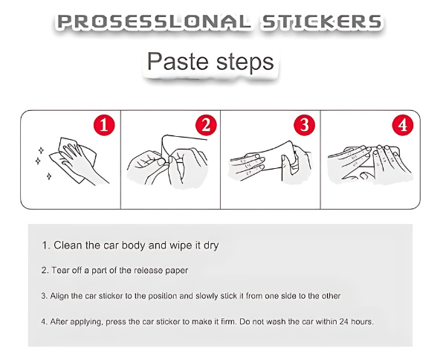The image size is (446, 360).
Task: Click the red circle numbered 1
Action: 104,125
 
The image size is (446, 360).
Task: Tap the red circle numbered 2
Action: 206,125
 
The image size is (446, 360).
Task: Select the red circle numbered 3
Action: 304,125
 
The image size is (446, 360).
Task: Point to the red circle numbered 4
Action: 403,125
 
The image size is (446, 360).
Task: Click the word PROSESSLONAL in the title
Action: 154,22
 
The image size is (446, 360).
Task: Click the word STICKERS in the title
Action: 322,22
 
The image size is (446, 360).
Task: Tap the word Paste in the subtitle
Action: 178,62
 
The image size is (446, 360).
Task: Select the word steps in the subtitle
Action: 245,62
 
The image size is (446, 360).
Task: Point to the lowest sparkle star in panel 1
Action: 49,176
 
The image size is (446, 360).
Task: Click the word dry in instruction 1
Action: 211,246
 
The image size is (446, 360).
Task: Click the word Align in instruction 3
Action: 59,296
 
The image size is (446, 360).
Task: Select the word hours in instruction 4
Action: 362,322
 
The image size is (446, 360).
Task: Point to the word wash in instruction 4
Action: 277,322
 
